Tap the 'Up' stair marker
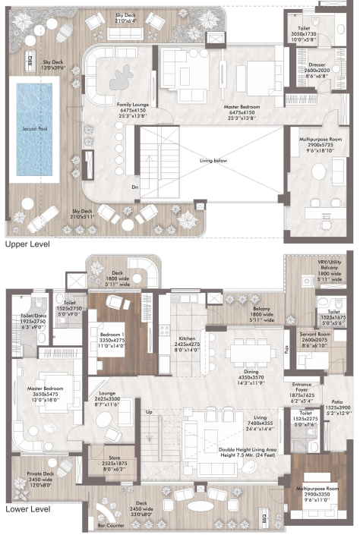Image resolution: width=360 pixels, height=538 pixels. pos(149,412)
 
